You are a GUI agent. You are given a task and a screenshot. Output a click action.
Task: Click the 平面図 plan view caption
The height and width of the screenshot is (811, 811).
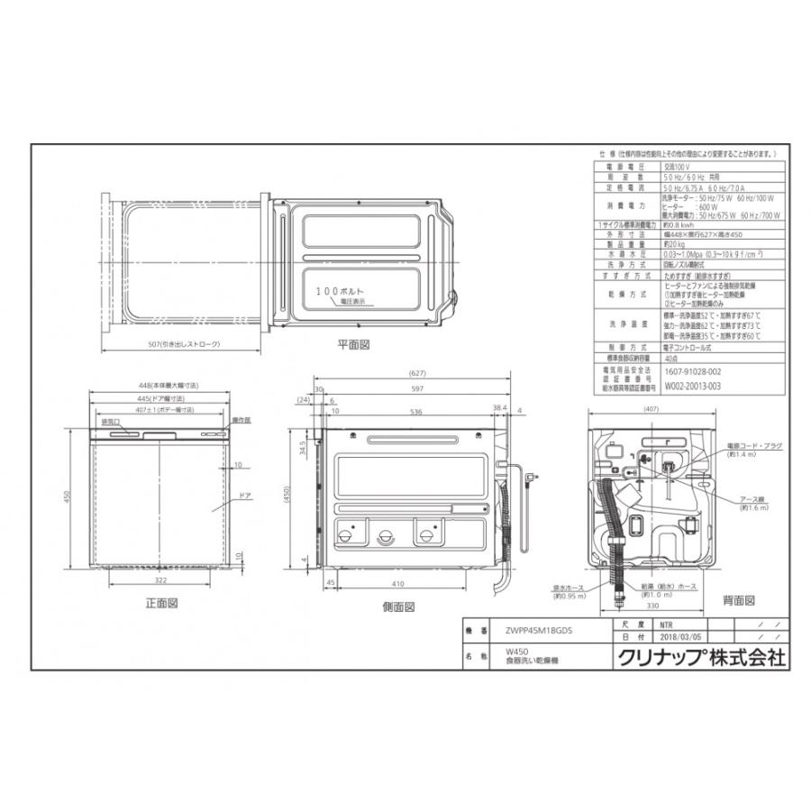pyautogui.click(x=353, y=344)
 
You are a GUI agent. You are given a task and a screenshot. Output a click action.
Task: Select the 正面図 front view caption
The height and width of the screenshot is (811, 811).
pyautogui.click(x=159, y=602)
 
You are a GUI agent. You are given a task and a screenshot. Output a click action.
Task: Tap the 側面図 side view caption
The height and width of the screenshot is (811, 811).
pyautogui.click(x=397, y=606)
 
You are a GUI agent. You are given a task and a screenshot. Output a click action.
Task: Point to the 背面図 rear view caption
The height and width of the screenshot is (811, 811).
pyautogui.click(x=737, y=600)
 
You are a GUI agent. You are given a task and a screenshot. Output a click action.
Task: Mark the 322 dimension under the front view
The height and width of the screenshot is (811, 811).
pyautogui.click(x=160, y=580)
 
